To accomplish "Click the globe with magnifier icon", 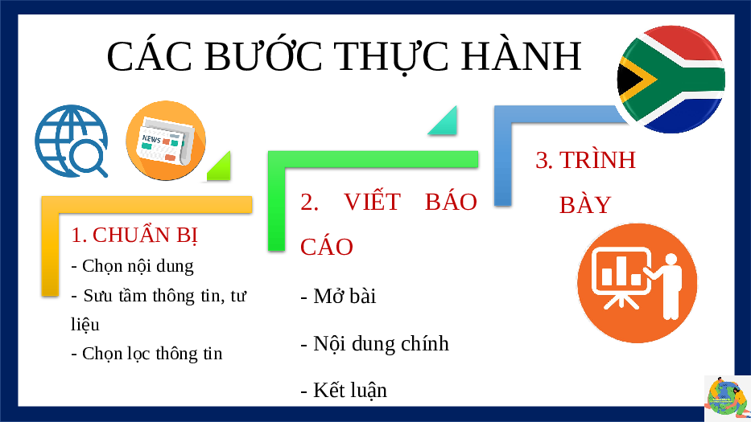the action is point(71,141).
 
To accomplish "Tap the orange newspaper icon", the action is point(166,140).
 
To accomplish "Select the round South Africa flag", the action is point(671,79).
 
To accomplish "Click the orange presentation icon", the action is point(637,283).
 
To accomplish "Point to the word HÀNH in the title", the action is point(522,56).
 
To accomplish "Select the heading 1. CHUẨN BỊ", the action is point(134,236).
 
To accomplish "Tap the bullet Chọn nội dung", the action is point(132,266).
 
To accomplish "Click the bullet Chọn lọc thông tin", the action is point(146,354).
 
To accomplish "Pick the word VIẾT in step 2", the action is point(372,201).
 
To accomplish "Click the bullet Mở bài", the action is point(338,296).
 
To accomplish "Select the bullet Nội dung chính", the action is point(374,344).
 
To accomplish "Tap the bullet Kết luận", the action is point(344,390).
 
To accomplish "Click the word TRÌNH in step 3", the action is point(597,159).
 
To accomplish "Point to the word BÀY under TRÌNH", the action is point(585,205).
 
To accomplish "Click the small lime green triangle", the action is point(220,166).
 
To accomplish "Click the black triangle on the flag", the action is point(629,80).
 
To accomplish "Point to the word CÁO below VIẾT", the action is point(327,247).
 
